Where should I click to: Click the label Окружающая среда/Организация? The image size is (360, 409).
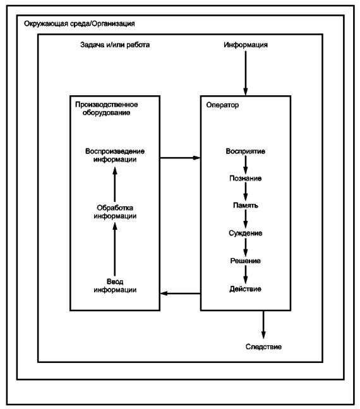tap(80, 24)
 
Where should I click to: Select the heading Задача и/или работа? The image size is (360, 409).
tap(115, 45)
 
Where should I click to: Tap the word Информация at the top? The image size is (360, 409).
tap(246, 45)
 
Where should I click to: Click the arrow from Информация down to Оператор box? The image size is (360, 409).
tap(246, 73)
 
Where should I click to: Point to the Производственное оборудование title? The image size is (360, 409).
tap(107, 109)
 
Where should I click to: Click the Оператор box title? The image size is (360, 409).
tap(222, 105)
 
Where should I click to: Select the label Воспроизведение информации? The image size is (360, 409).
tap(115, 155)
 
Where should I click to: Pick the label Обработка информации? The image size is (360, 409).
tap(115, 212)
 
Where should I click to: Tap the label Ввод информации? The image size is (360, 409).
tap(115, 286)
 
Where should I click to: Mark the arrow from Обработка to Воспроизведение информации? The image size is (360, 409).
tap(114, 184)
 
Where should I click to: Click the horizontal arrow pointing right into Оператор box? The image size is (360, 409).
tap(180, 158)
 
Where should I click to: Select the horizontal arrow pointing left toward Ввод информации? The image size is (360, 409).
tap(180, 293)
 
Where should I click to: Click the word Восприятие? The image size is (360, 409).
tap(246, 151)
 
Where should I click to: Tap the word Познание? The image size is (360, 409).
tap(246, 179)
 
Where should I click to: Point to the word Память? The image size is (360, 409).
tap(246, 206)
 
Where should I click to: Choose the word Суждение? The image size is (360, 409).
tap(246, 233)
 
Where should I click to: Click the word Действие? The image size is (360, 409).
tap(246, 289)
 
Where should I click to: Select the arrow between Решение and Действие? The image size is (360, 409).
tap(246, 275)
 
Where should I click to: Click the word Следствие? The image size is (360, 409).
tap(263, 347)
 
